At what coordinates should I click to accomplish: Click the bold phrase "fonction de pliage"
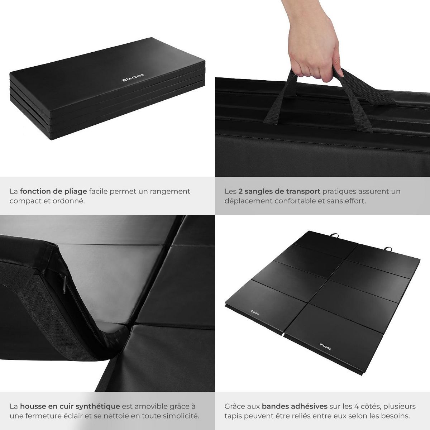coord(53,191)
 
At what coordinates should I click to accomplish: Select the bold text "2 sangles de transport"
coord(280,191)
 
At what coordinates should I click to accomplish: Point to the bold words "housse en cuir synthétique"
coord(70,406)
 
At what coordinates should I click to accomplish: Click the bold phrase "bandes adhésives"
coord(295,406)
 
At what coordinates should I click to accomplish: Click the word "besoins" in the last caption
coord(398,416)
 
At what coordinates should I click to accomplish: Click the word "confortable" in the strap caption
coord(295,201)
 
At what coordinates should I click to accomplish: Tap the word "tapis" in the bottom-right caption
coord(233,416)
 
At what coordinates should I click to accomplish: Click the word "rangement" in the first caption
coord(170,191)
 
